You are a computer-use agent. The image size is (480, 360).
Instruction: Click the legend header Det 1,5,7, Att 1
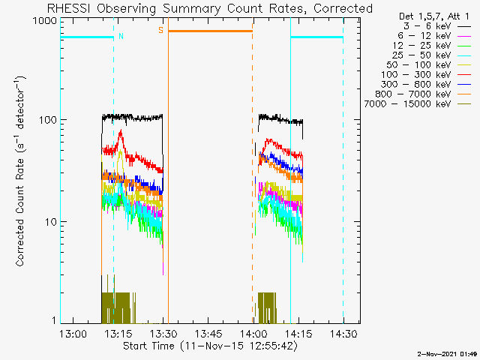pos(433,16)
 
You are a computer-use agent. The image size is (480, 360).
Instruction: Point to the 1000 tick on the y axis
pos(45,21)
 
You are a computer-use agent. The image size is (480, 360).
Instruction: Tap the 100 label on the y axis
pos(48,120)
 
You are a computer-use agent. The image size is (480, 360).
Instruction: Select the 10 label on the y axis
pos(51,222)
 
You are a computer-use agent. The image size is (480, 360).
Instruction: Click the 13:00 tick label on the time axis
pos(73,334)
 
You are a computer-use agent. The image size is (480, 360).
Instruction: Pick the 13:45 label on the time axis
pos(208,334)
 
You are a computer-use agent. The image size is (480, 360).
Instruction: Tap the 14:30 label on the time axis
pos(343,334)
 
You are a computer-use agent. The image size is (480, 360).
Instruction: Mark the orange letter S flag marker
pos(160,30)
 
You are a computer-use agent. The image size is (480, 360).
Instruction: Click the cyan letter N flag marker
pos(121,36)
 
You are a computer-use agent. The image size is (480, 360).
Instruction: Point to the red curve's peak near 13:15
pos(121,130)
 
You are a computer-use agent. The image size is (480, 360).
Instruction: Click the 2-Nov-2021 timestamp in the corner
pos(447,354)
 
